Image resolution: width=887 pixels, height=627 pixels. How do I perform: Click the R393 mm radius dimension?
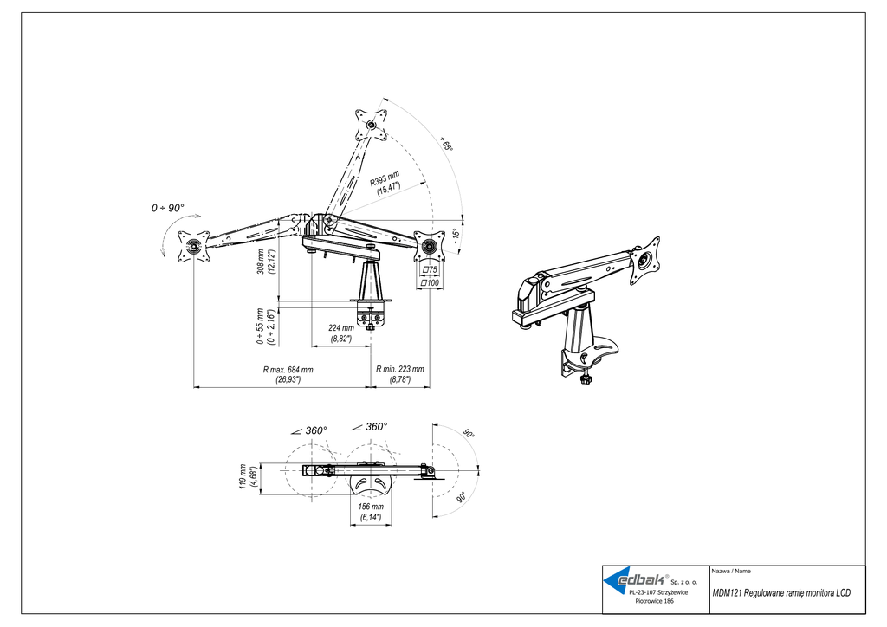point(385,184)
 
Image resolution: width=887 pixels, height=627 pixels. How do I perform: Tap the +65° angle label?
point(446,144)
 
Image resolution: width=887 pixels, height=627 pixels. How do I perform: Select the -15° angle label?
point(456,234)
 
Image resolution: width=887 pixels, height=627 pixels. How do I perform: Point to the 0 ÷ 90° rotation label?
point(167,208)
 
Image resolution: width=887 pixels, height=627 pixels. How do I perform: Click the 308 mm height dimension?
point(265,262)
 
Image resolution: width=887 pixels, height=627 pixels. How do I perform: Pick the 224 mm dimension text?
point(341,333)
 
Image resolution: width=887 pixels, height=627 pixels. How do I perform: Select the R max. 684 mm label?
point(288,374)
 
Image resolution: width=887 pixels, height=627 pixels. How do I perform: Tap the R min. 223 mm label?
point(400,374)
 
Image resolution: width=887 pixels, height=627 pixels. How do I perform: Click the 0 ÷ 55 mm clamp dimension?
point(265,326)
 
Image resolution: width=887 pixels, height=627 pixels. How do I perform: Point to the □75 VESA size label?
point(430,270)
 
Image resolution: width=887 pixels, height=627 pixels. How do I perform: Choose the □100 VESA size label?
point(430,282)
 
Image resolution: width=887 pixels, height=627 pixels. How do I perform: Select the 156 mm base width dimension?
point(371,512)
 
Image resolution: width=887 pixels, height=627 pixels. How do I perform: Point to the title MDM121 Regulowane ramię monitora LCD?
point(781,592)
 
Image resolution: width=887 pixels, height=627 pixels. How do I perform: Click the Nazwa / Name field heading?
point(731,571)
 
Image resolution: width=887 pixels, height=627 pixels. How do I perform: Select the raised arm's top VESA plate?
point(371,125)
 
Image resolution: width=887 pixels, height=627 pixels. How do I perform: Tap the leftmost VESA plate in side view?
point(193,247)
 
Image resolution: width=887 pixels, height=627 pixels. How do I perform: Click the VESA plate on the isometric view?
point(644,261)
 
